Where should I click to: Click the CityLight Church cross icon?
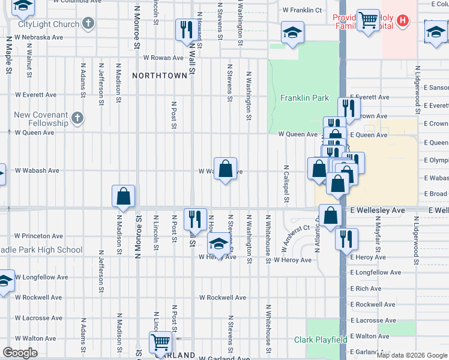[x=88, y=24]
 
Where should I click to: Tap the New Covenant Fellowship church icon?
[x=77, y=118]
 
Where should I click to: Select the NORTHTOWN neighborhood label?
[x=160, y=76]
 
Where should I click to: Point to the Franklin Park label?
[x=304, y=98]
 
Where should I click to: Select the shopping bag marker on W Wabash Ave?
[x=225, y=169]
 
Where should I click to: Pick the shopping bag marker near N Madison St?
[x=123, y=196]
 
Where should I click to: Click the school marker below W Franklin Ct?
[x=292, y=33]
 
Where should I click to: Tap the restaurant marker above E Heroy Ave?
[x=346, y=238]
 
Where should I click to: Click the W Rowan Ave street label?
[x=163, y=58]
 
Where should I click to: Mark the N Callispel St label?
[x=286, y=184]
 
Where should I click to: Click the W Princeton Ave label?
[x=38, y=236]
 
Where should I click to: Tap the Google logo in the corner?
[x=20, y=353]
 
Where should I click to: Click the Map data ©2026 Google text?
[x=411, y=355]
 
